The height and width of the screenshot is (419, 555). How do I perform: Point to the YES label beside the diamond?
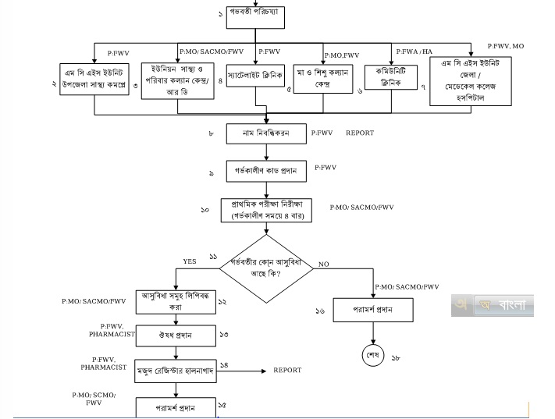click(189, 261)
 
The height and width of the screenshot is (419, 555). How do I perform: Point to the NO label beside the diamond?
click(324, 265)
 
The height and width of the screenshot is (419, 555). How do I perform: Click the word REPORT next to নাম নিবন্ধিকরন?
click(361, 133)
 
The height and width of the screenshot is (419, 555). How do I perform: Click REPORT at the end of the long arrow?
click(287, 370)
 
